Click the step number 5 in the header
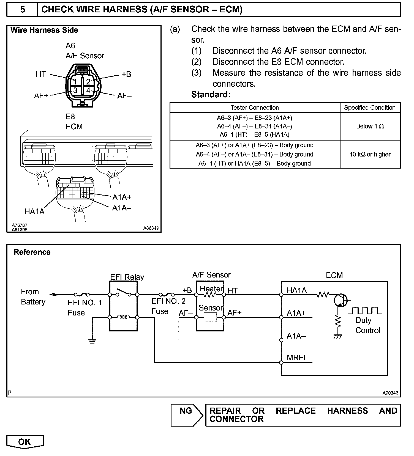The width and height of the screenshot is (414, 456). tap(23, 10)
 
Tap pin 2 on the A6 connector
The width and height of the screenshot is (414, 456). tap(88, 81)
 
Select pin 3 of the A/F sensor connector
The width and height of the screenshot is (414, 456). tap(75, 90)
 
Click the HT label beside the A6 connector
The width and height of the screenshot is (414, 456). tap(41, 74)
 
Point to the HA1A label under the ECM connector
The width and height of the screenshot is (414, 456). tap(34, 211)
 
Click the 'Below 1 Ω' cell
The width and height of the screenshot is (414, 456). tap(370, 127)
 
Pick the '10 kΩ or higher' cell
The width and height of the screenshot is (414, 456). tap(370, 154)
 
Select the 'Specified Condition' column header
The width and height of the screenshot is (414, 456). tap(370, 108)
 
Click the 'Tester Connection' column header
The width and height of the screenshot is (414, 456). tap(255, 108)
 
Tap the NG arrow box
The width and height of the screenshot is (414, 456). tap(186, 415)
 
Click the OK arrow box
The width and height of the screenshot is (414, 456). tap(25, 442)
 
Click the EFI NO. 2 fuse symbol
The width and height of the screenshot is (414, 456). tap(167, 294)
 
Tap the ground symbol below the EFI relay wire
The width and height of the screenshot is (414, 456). tap(92, 341)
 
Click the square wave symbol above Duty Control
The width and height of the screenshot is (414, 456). tap(365, 311)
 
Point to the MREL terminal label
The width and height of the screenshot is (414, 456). tap(297, 358)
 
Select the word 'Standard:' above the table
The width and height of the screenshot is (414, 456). tap(211, 95)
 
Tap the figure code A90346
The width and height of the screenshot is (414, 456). tap(390, 393)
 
